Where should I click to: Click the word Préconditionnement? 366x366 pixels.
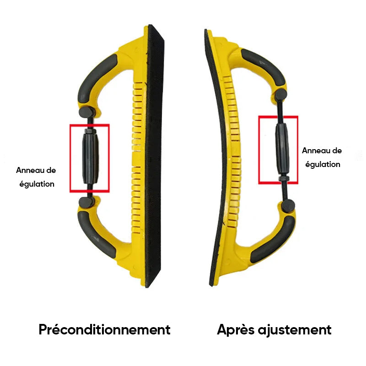tap(105, 329)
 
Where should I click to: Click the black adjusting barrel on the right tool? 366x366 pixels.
tap(282, 150)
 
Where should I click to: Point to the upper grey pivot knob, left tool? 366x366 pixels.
tap(86, 112)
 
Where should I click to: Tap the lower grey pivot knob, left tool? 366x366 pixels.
tap(86, 202)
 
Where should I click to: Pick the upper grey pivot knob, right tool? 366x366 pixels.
tap(280, 95)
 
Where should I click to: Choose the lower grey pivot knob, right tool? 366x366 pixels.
tap(288, 205)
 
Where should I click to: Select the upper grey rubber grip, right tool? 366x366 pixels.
tap(264, 66)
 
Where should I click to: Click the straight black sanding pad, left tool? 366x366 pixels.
tap(155, 156)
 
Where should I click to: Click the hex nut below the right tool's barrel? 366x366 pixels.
tap(284, 178)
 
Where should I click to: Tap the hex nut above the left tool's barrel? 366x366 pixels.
tap(90, 131)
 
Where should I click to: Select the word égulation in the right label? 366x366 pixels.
tap(323, 165)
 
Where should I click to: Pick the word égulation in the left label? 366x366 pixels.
tap(37, 184)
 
